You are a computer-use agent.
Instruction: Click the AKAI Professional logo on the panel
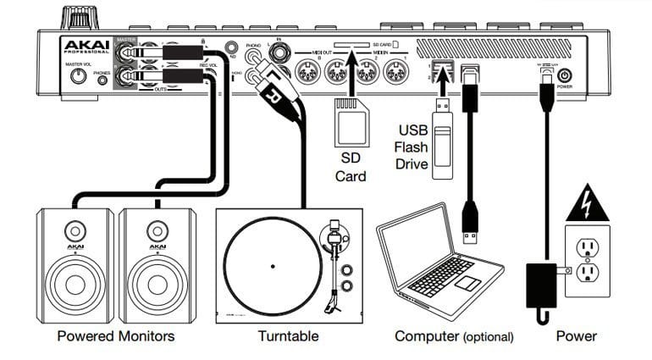pyautogui.click(x=84, y=46)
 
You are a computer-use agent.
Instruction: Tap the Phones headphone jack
pyautogui.click(x=102, y=82)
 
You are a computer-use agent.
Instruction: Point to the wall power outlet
pyautogui.click(x=588, y=259)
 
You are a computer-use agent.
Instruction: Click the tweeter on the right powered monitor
pyautogui.click(x=156, y=230)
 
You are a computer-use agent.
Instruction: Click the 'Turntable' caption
pyautogui.click(x=288, y=336)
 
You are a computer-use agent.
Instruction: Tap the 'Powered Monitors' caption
pyautogui.click(x=115, y=336)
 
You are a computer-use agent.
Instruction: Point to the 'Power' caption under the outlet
pyautogui.click(x=577, y=336)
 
